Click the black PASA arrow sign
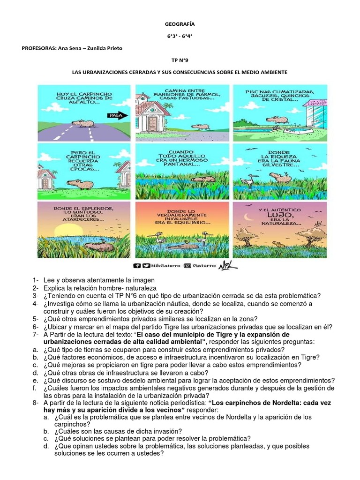[x=114, y=114]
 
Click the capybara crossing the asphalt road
[x=85, y=124]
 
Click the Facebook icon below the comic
[x=137, y=265]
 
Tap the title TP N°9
[x=179, y=60]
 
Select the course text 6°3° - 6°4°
[x=179, y=36]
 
